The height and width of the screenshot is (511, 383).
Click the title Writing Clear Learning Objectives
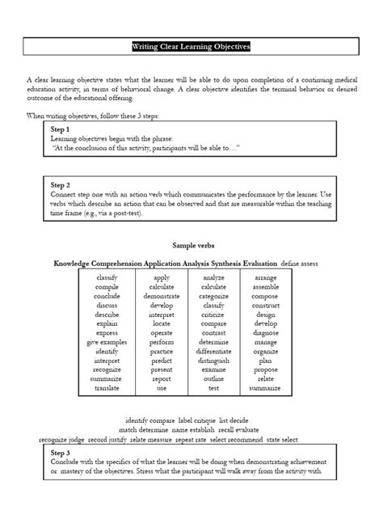pos(191,48)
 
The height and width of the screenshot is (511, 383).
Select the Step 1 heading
pos(61,129)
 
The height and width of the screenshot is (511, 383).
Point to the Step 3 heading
pos(61,453)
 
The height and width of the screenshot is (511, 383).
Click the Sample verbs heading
pos(191,244)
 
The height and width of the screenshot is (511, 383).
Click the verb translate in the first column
pos(107,388)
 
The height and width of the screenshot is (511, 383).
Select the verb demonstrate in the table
pos(162,297)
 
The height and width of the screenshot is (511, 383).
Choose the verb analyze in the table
pos(214,277)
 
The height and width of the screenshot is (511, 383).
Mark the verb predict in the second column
pos(162,361)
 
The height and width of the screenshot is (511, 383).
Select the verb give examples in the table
pos(107,342)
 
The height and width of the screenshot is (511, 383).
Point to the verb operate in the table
pos(162,331)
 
